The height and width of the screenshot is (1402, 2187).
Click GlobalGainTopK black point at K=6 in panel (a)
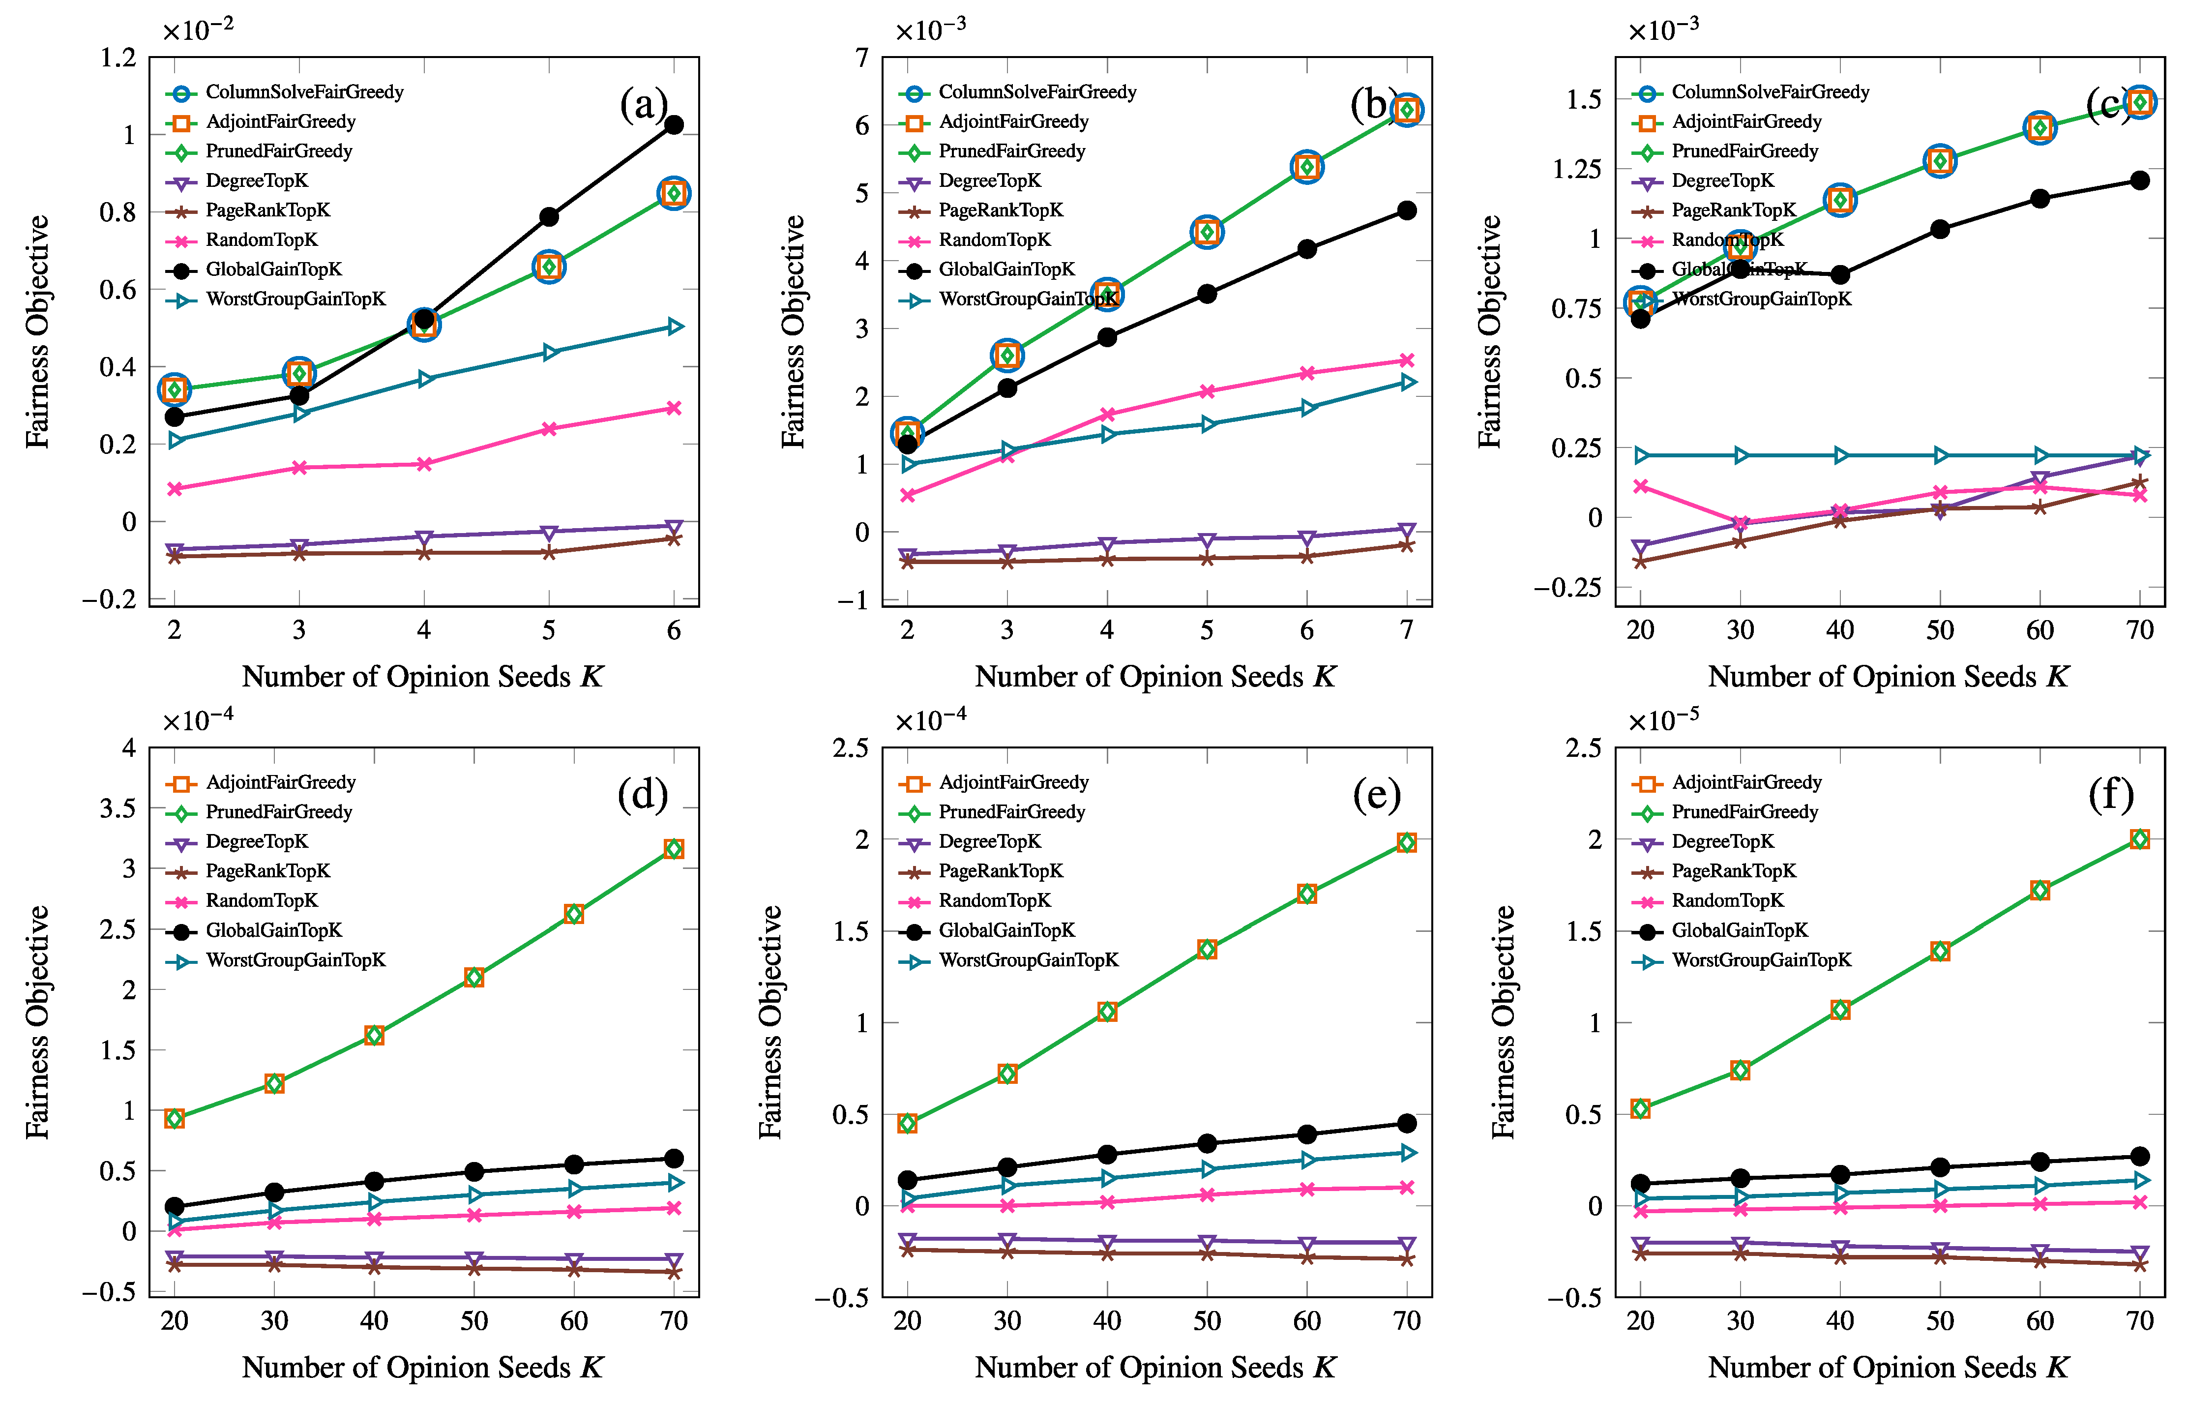tap(674, 125)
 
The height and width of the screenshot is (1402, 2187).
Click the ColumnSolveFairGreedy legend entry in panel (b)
tap(1017, 92)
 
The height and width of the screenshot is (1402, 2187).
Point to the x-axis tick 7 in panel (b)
tap(1407, 630)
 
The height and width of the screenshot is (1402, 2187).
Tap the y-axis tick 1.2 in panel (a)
tap(118, 58)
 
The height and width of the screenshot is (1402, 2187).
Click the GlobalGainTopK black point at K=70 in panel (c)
tap(2140, 180)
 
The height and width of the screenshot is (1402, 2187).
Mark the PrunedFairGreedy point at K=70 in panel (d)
tap(674, 848)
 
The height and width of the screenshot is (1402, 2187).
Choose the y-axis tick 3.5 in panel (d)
tap(118, 808)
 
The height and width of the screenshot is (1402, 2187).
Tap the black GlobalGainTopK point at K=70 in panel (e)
tap(1407, 1124)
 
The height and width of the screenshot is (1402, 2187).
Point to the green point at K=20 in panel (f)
tap(1640, 1108)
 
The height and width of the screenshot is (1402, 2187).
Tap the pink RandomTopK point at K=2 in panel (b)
tap(907, 495)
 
